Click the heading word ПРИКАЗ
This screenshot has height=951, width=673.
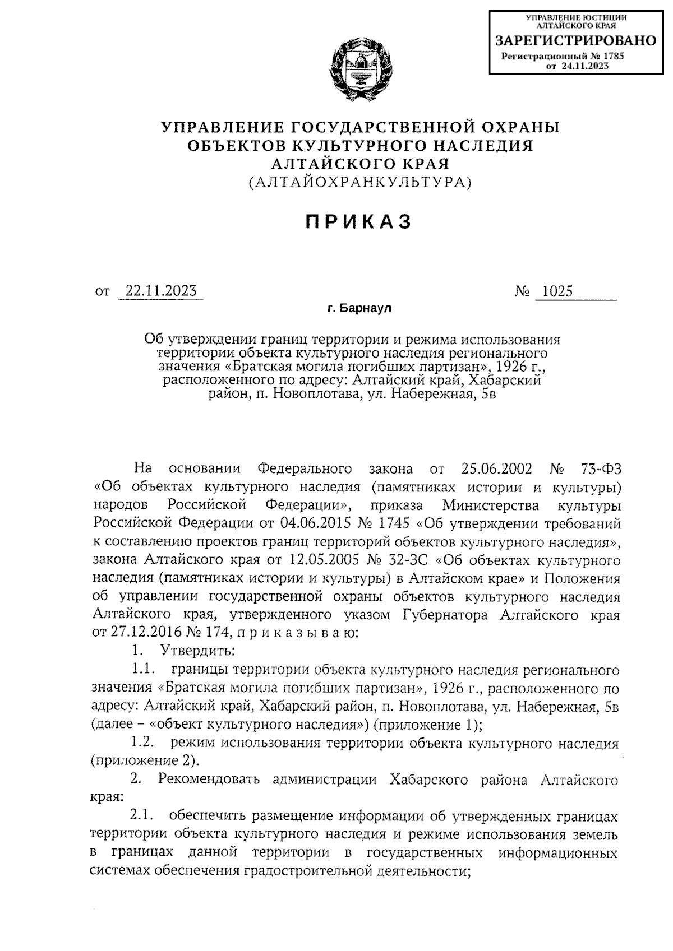tap(359, 222)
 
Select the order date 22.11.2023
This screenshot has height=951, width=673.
tap(160, 291)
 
